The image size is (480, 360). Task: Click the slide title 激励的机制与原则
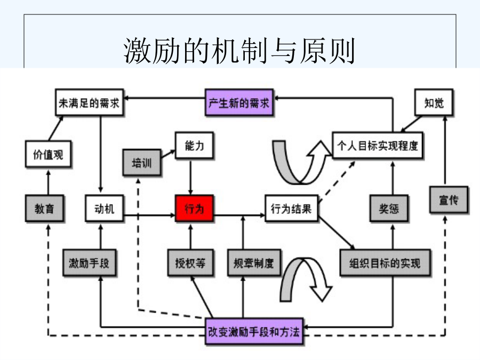(239, 51)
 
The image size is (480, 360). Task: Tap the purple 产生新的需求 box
(239, 103)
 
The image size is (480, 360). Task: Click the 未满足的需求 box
(90, 103)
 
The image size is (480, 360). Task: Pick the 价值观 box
(49, 155)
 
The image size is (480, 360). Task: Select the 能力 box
(195, 146)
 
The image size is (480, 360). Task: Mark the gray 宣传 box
(450, 201)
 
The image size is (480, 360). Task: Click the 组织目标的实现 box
(385, 263)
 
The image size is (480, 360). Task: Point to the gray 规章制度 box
(253, 263)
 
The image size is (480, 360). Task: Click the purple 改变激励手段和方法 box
(253, 332)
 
